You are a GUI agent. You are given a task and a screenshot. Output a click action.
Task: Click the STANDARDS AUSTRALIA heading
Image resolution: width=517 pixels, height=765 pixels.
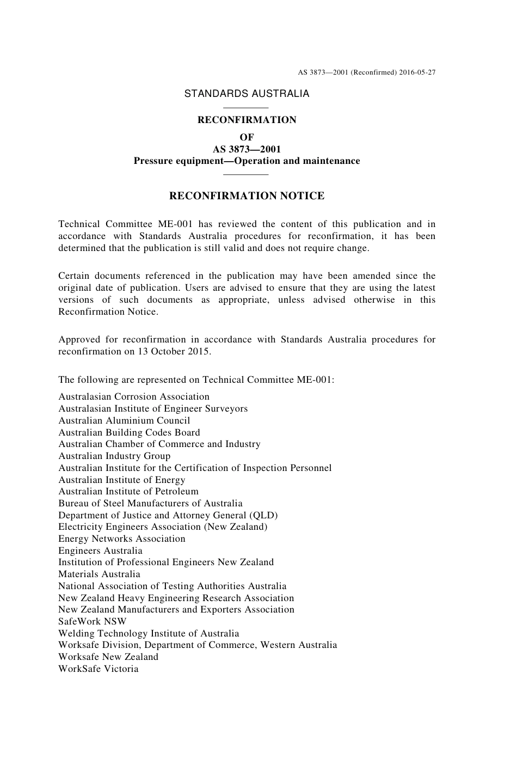click(247, 94)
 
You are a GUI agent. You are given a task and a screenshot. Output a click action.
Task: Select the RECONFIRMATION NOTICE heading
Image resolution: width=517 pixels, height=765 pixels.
click(247, 196)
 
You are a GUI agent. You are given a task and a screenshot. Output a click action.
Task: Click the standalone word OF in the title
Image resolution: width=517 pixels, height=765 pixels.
click(247, 137)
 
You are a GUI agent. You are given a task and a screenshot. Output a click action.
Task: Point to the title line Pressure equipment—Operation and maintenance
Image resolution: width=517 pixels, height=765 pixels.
click(247, 161)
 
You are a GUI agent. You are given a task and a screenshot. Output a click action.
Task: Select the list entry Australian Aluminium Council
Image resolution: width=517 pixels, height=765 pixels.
click(124, 421)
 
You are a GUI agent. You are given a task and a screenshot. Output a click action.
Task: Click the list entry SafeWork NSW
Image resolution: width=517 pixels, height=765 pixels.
click(92, 621)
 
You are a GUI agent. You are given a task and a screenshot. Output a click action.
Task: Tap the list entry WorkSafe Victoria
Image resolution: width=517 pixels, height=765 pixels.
click(99, 669)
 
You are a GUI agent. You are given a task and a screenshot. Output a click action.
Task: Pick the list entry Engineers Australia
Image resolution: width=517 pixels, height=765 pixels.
click(100, 550)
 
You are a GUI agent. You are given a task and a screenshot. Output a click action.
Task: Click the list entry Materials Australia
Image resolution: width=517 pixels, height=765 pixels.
click(99, 574)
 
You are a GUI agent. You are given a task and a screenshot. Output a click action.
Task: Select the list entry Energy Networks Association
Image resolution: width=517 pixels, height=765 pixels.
click(122, 539)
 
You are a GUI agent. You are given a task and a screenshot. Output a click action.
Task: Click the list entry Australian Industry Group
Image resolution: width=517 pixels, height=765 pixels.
click(114, 456)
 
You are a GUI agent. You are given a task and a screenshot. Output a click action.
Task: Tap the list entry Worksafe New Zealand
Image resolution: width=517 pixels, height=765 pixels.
click(108, 657)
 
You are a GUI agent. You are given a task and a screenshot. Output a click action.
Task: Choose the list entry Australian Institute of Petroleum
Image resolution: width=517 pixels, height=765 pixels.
click(128, 492)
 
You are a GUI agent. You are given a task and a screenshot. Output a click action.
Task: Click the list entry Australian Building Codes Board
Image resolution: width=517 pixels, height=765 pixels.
click(129, 433)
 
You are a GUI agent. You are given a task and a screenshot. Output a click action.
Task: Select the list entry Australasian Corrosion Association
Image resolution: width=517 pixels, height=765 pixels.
click(134, 397)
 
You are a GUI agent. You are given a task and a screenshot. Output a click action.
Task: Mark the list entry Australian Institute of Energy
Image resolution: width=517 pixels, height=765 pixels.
click(122, 480)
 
